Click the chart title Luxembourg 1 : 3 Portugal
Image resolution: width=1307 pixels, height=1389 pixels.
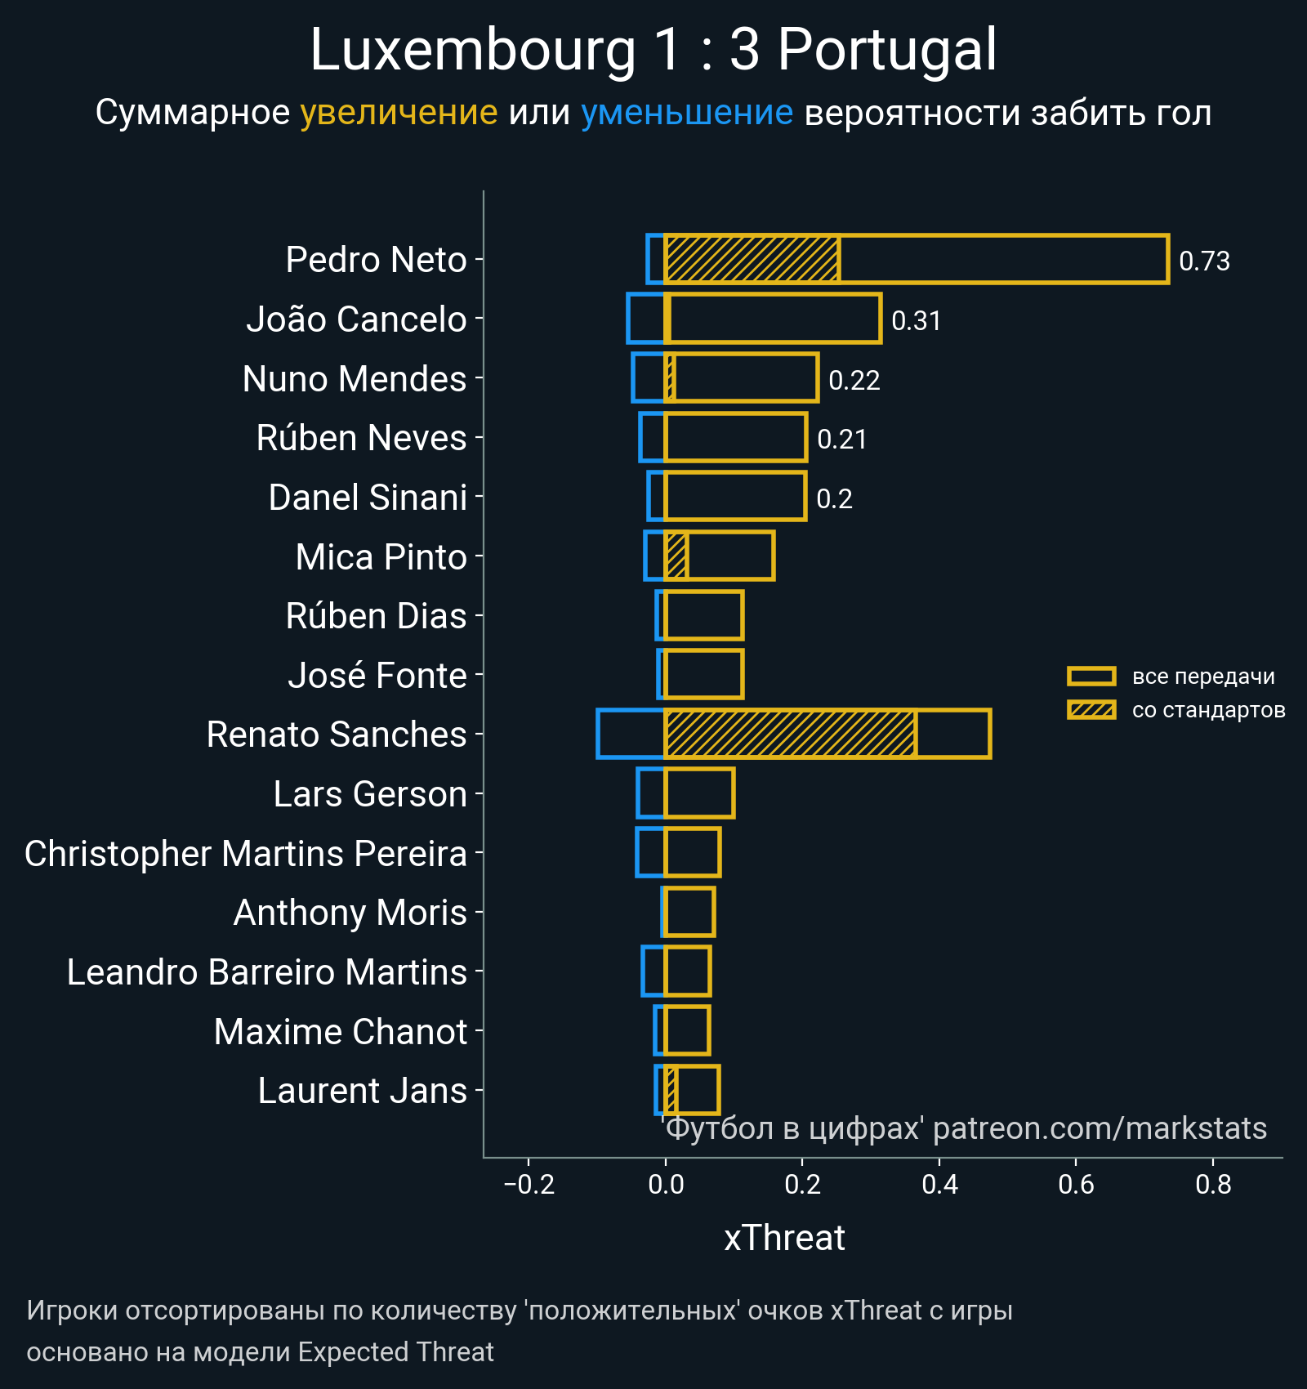click(x=653, y=51)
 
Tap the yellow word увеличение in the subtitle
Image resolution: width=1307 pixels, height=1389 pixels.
click(x=399, y=113)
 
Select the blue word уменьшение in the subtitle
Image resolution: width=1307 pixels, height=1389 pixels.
click(x=686, y=113)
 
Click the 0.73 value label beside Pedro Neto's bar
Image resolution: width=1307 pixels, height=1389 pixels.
click(x=1204, y=261)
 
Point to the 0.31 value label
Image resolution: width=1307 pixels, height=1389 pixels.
click(x=916, y=321)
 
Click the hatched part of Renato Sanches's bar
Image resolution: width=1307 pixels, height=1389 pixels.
click(x=789, y=734)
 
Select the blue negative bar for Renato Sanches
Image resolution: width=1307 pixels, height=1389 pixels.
click(x=631, y=734)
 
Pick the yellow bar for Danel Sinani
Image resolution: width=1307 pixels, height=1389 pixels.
click(x=735, y=496)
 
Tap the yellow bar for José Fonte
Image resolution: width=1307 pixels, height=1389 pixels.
click(x=704, y=674)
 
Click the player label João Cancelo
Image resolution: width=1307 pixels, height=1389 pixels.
click(x=356, y=319)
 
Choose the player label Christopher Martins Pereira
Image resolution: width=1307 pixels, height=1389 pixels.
click(x=245, y=854)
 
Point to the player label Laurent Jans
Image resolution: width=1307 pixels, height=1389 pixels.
click(x=362, y=1091)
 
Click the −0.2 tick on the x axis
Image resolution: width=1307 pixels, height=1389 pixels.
click(x=529, y=1184)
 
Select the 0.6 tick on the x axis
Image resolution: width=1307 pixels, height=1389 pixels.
click(x=1076, y=1184)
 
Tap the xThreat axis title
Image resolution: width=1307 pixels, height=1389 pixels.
click(x=784, y=1238)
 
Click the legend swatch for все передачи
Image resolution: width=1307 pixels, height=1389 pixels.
click(x=1091, y=676)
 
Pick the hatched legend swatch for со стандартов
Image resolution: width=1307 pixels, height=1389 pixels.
click(x=1091, y=709)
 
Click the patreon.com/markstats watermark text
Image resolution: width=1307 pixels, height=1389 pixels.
click(x=1100, y=1128)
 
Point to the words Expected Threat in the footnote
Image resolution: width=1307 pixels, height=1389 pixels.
click(x=395, y=1352)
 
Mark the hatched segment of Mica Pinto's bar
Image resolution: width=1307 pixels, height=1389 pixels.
click(x=676, y=556)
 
